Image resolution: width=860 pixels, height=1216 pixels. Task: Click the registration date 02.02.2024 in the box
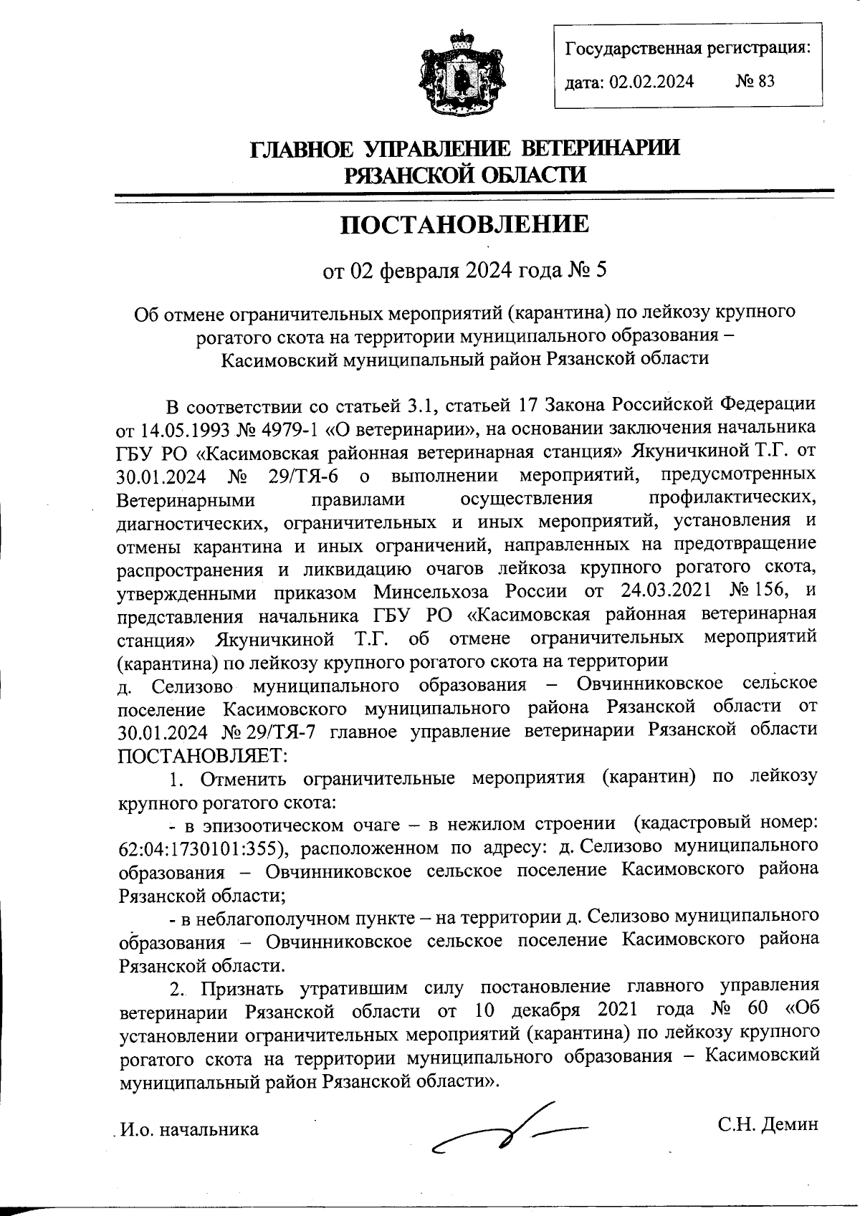[651, 82]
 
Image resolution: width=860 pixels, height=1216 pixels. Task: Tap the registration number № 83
[755, 81]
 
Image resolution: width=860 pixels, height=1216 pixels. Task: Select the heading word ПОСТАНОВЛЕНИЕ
[464, 224]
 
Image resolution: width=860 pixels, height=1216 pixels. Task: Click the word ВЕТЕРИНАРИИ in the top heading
[598, 148]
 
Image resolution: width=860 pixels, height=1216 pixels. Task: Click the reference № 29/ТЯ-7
[264, 732]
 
